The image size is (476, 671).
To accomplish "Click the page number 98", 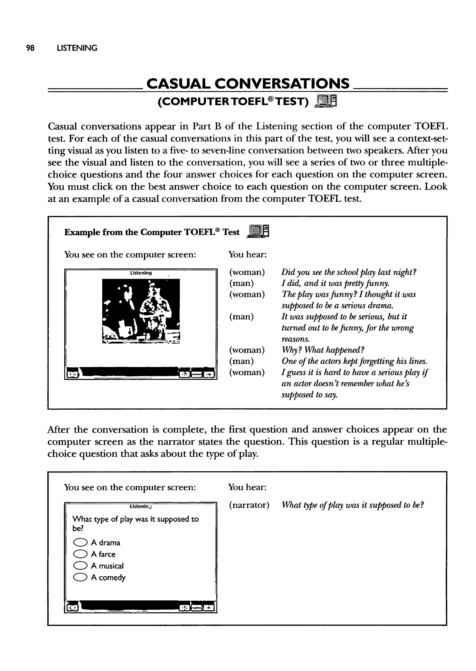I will tap(30, 48).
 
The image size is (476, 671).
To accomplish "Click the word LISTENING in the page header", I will tap(77, 48).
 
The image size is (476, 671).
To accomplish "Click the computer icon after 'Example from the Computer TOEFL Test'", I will tap(258, 232).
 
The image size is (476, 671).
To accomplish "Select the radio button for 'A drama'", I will tap(80, 543).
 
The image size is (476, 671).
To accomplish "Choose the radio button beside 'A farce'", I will tap(80, 554).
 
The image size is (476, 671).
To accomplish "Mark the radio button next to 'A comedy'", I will tap(80, 578).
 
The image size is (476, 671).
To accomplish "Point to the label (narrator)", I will tap(249, 505).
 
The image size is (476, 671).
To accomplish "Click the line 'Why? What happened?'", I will tap(323, 350).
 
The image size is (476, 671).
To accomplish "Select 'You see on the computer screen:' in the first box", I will tap(130, 254).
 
